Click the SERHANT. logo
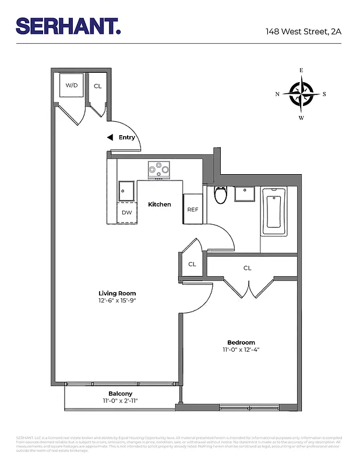point(68,26)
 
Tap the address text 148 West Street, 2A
point(303,31)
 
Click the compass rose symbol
point(301,94)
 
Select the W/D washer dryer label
point(72,86)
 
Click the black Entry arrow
point(110,138)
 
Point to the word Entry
point(127,138)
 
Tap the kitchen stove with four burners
point(160,170)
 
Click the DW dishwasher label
point(126,212)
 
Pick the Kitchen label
point(160,204)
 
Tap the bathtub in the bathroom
point(274,211)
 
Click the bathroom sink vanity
point(244,193)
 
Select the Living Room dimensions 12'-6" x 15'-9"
point(118,301)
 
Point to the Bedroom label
point(241,343)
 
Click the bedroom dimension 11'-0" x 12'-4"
point(241,350)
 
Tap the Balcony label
point(121,394)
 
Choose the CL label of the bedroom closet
point(248,268)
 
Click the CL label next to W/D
point(97,86)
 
